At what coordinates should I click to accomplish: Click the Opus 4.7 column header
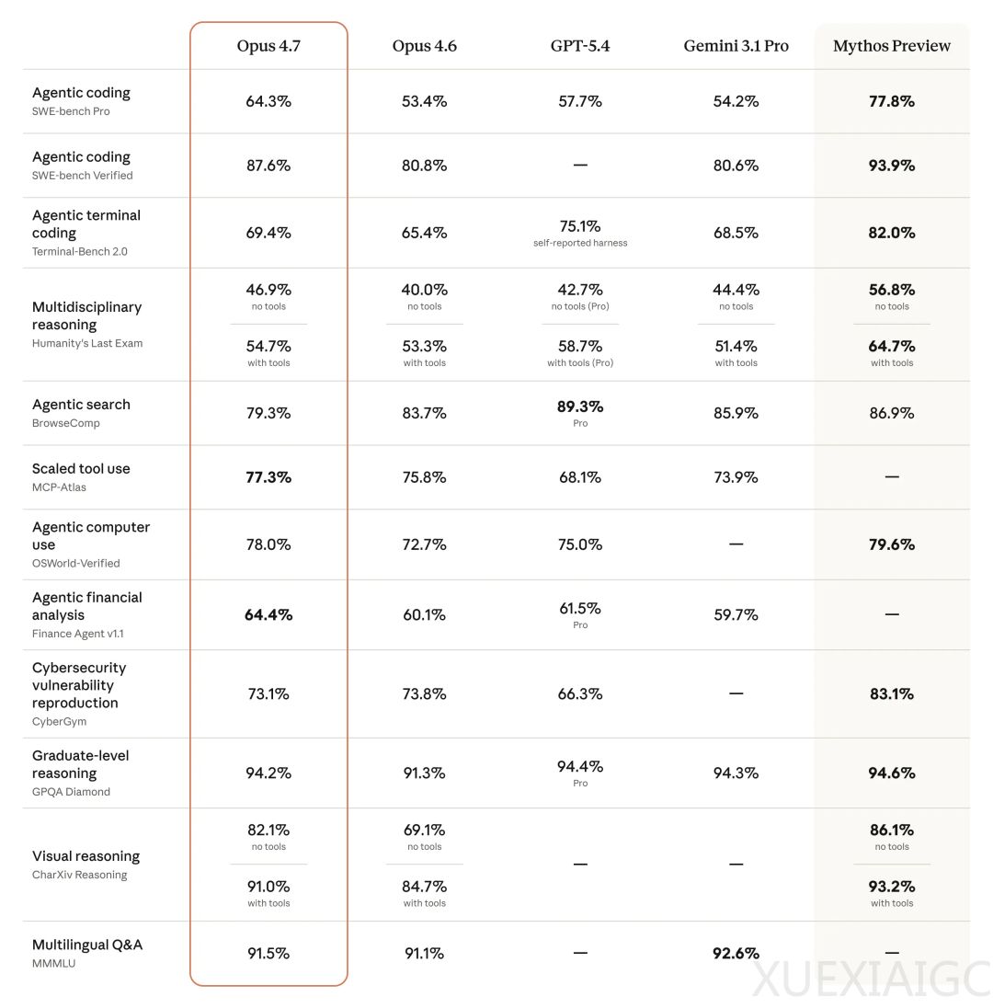tap(268, 46)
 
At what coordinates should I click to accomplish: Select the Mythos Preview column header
tap(892, 46)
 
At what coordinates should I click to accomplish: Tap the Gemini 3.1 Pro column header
tap(736, 46)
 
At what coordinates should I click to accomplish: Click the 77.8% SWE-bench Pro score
tap(892, 101)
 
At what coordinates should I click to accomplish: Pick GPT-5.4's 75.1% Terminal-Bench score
tap(580, 226)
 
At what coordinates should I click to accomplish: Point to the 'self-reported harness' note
tap(580, 244)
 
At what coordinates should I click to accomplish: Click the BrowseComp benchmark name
tap(66, 423)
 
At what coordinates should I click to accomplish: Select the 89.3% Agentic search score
tap(580, 407)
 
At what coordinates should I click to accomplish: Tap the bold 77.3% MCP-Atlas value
tap(268, 477)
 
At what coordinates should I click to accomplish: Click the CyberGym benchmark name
tap(60, 721)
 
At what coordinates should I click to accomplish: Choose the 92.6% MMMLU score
tap(736, 954)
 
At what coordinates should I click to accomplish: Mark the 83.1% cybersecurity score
tap(892, 694)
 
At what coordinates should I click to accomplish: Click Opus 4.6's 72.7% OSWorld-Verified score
tap(424, 544)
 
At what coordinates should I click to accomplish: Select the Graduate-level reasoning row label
tap(81, 764)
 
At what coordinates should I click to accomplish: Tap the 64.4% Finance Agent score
tap(268, 614)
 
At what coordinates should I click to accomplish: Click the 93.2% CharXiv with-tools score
tap(892, 887)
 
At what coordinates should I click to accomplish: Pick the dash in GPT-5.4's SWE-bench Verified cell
tap(580, 166)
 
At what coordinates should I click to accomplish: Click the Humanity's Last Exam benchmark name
tap(87, 343)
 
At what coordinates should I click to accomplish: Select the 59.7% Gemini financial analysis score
tap(736, 614)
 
